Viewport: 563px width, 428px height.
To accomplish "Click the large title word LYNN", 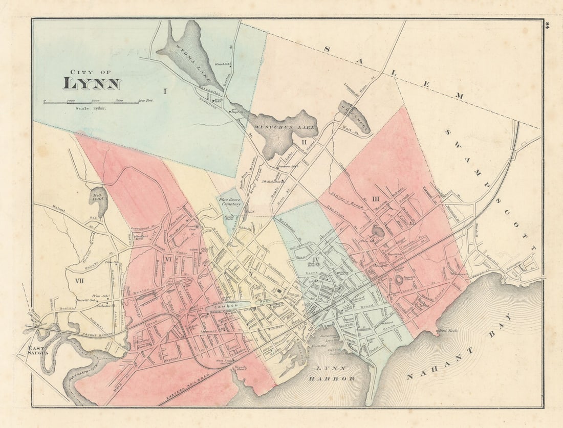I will tap(92, 83).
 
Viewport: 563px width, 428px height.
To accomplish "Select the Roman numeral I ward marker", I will tap(165, 92).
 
